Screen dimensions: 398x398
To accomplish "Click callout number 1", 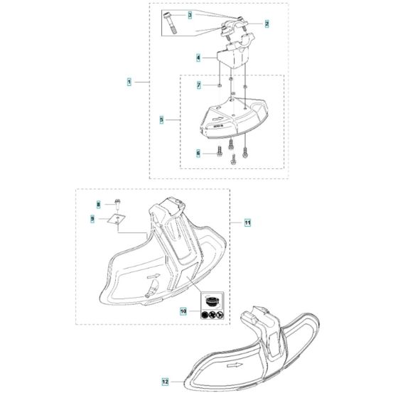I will (129, 82).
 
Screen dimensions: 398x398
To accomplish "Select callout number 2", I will (267, 23).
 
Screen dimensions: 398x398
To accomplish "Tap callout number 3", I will (170, 14).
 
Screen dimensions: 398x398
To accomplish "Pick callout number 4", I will (198, 57).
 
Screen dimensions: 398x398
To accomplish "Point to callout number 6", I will (198, 152).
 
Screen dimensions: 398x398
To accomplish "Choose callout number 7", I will (199, 85).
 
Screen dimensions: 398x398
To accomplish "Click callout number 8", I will (99, 204).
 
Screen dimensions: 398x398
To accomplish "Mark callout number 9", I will (92, 220).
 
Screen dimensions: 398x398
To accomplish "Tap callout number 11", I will (248, 223).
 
